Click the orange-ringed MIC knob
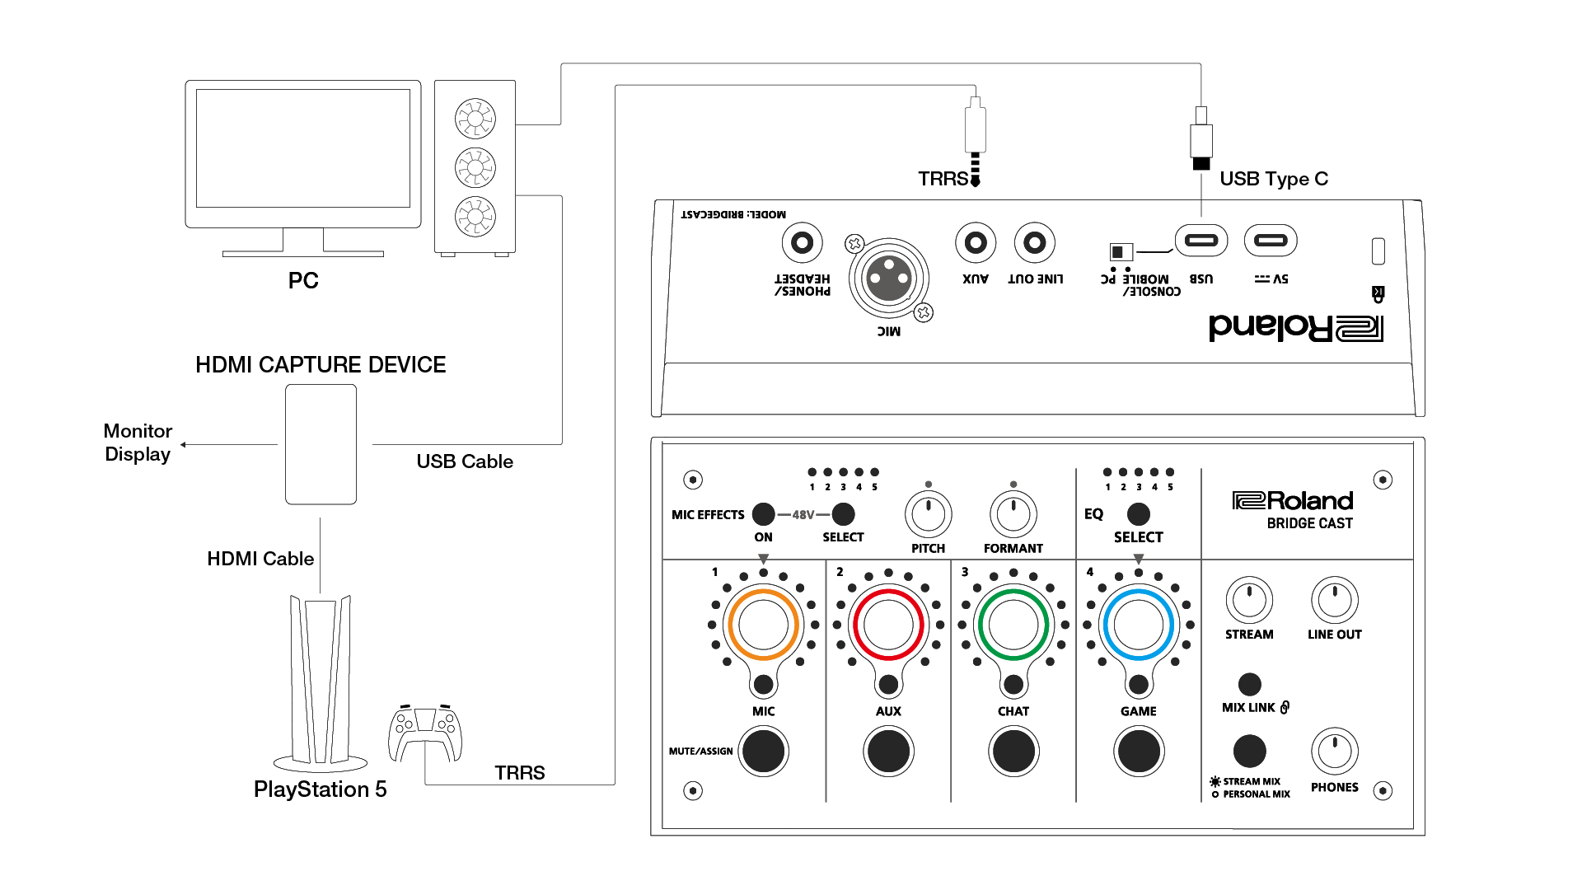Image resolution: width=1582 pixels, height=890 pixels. [763, 625]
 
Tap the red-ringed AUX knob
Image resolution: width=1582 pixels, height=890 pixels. [888, 625]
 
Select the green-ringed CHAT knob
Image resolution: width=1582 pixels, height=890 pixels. [1013, 625]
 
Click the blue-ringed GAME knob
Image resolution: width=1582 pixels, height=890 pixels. [1138, 625]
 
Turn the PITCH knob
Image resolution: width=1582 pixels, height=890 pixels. [929, 514]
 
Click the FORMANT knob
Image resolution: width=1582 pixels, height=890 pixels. [1013, 514]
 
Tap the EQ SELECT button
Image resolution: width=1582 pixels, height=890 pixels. [1138, 514]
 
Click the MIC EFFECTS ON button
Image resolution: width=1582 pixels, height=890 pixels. [763, 514]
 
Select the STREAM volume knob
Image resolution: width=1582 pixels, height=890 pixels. [1249, 600]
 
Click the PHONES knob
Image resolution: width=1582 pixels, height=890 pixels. [1334, 751]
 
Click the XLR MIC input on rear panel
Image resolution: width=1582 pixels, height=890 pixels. [889, 279]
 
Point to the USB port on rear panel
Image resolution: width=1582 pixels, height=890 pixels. [1201, 241]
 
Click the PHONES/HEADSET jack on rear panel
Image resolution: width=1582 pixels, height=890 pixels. [802, 243]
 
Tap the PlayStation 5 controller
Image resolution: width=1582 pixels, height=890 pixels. [425, 733]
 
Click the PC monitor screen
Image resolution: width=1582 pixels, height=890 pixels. [303, 148]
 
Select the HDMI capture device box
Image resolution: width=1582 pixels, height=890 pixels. [321, 444]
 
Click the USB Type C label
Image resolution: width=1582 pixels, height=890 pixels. [1273, 179]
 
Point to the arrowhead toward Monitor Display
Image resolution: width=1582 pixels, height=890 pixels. [184, 445]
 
